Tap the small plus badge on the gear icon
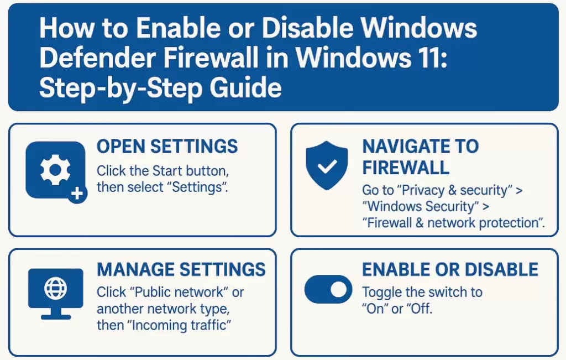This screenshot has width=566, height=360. pyautogui.click(x=77, y=194)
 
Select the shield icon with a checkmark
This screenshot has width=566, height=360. pyautogui.click(x=327, y=165)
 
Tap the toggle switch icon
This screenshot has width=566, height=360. pyautogui.click(x=328, y=290)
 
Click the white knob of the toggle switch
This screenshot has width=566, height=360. pyautogui.click(x=339, y=290)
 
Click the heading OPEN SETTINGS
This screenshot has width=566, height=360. pyautogui.click(x=167, y=147)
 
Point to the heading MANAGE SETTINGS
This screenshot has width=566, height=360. pyautogui.click(x=181, y=270)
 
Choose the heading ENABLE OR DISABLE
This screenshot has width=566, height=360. pyautogui.click(x=450, y=270)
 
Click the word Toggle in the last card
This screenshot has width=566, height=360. pyautogui.click(x=381, y=292)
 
